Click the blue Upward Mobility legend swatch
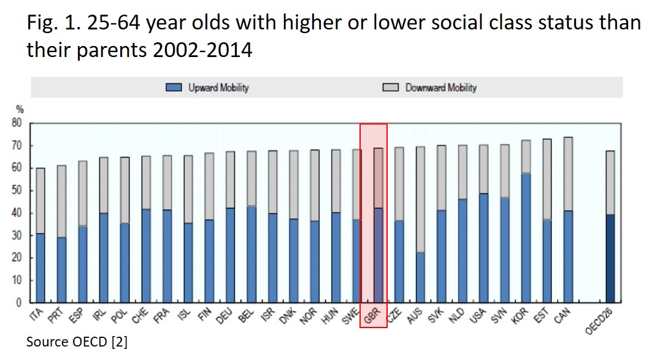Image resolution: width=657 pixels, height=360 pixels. [174, 88]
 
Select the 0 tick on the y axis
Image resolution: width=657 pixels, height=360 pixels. [19, 302]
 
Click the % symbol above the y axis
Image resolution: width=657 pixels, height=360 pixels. [20, 109]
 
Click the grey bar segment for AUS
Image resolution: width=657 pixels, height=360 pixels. [420, 199]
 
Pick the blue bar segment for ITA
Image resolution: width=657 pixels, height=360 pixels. [40, 267]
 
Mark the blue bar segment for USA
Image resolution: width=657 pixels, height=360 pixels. [483, 248]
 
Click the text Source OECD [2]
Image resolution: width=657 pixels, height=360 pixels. [77, 342]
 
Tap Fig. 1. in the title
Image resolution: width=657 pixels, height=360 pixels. [52, 23]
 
